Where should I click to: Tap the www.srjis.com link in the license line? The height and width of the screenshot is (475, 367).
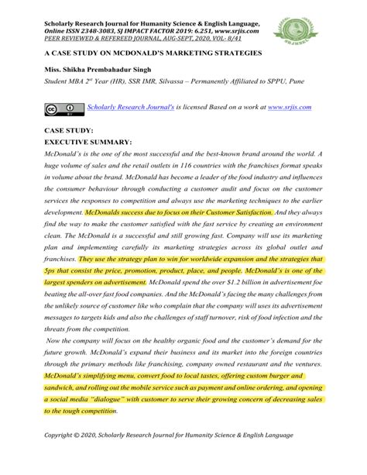[x=289, y=108]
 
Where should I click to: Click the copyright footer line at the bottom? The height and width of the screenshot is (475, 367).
[x=170, y=456]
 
